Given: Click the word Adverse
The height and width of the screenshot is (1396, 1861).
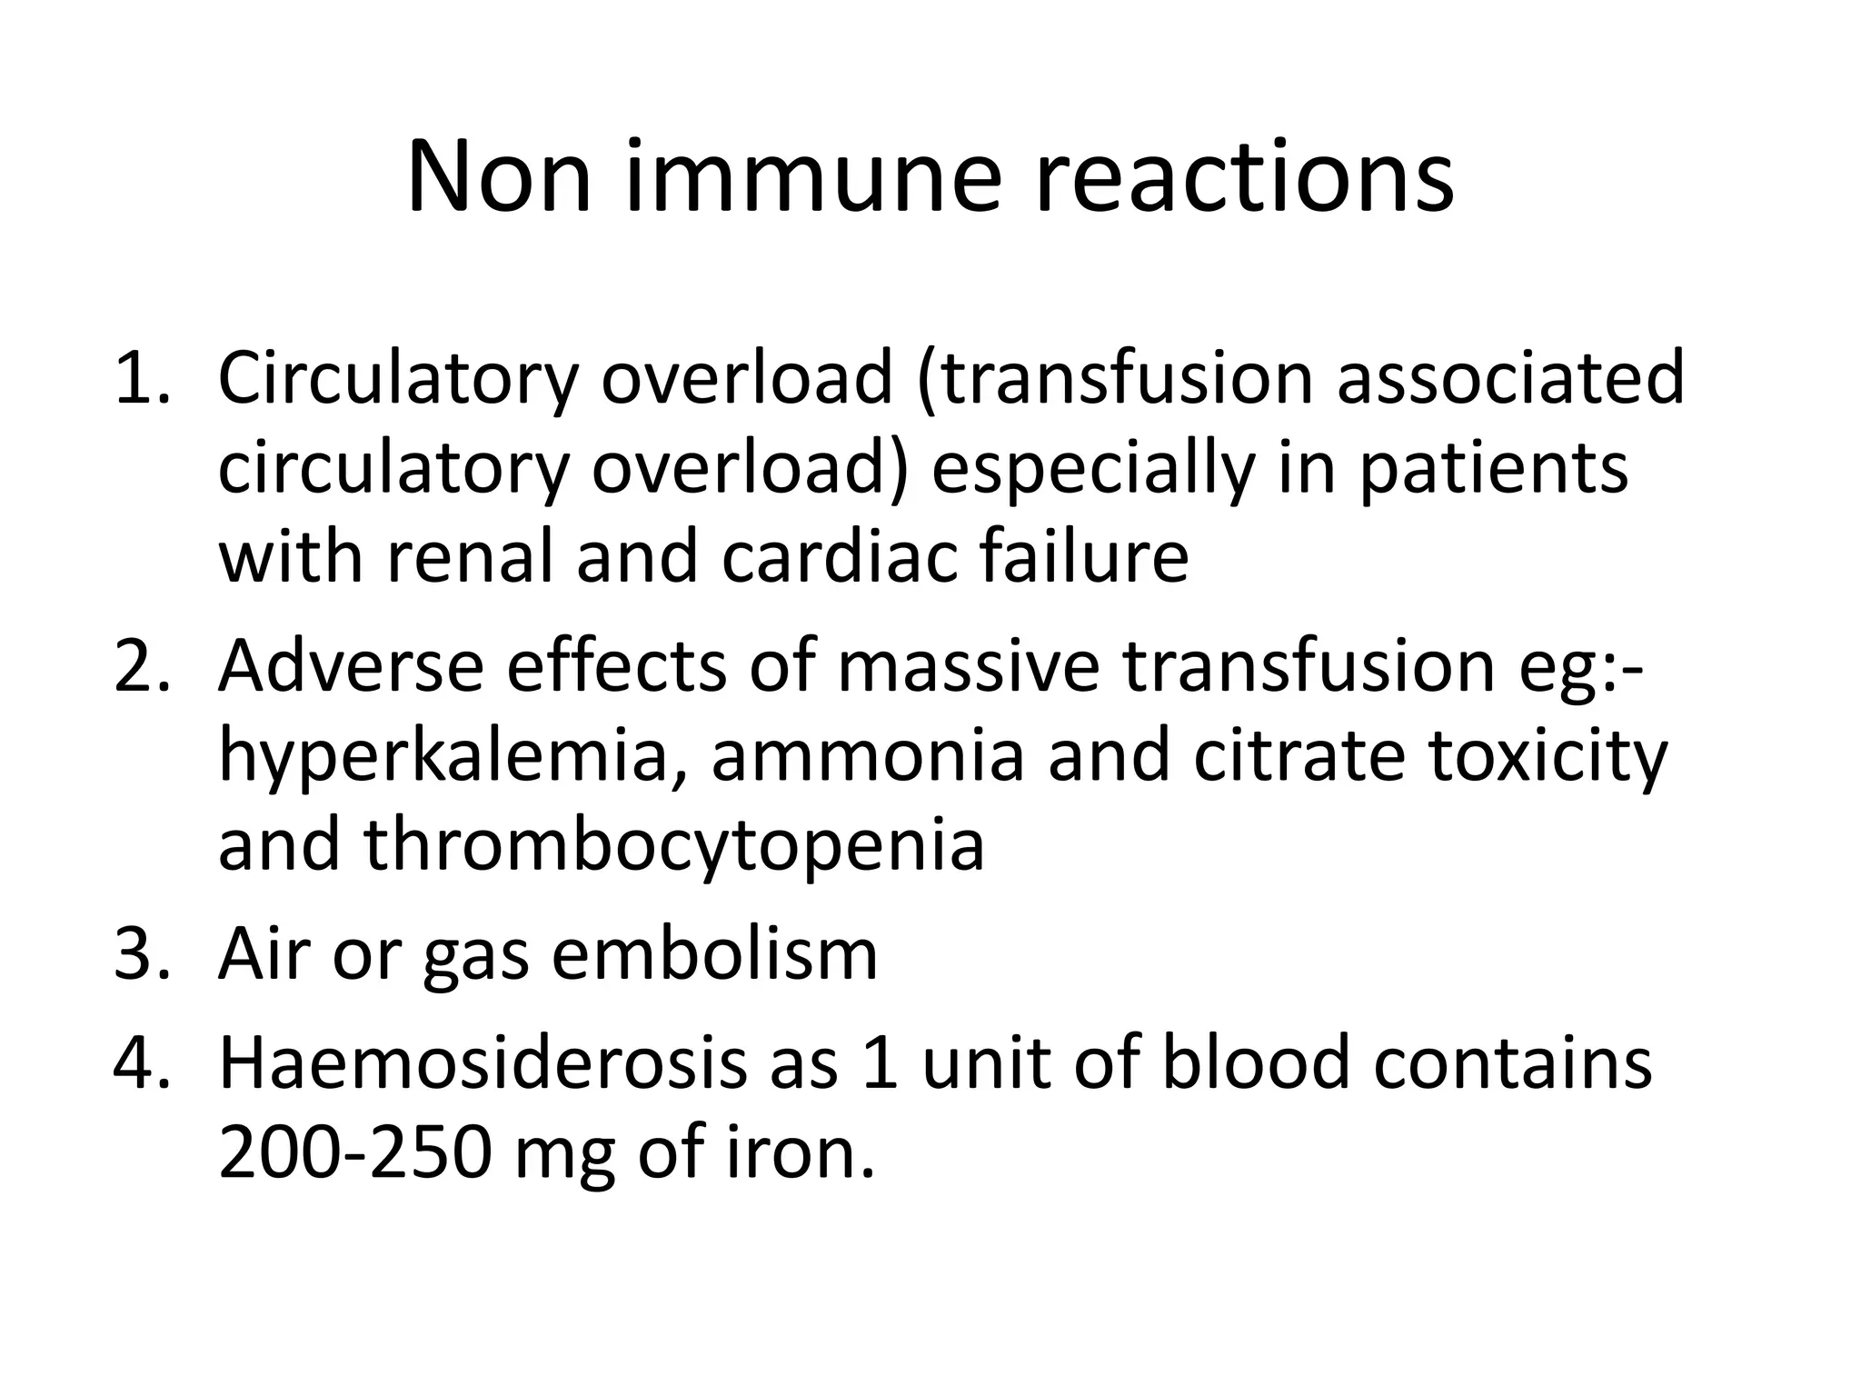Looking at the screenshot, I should coord(351,666).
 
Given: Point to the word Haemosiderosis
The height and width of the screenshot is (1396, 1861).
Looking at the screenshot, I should coord(482,1063).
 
